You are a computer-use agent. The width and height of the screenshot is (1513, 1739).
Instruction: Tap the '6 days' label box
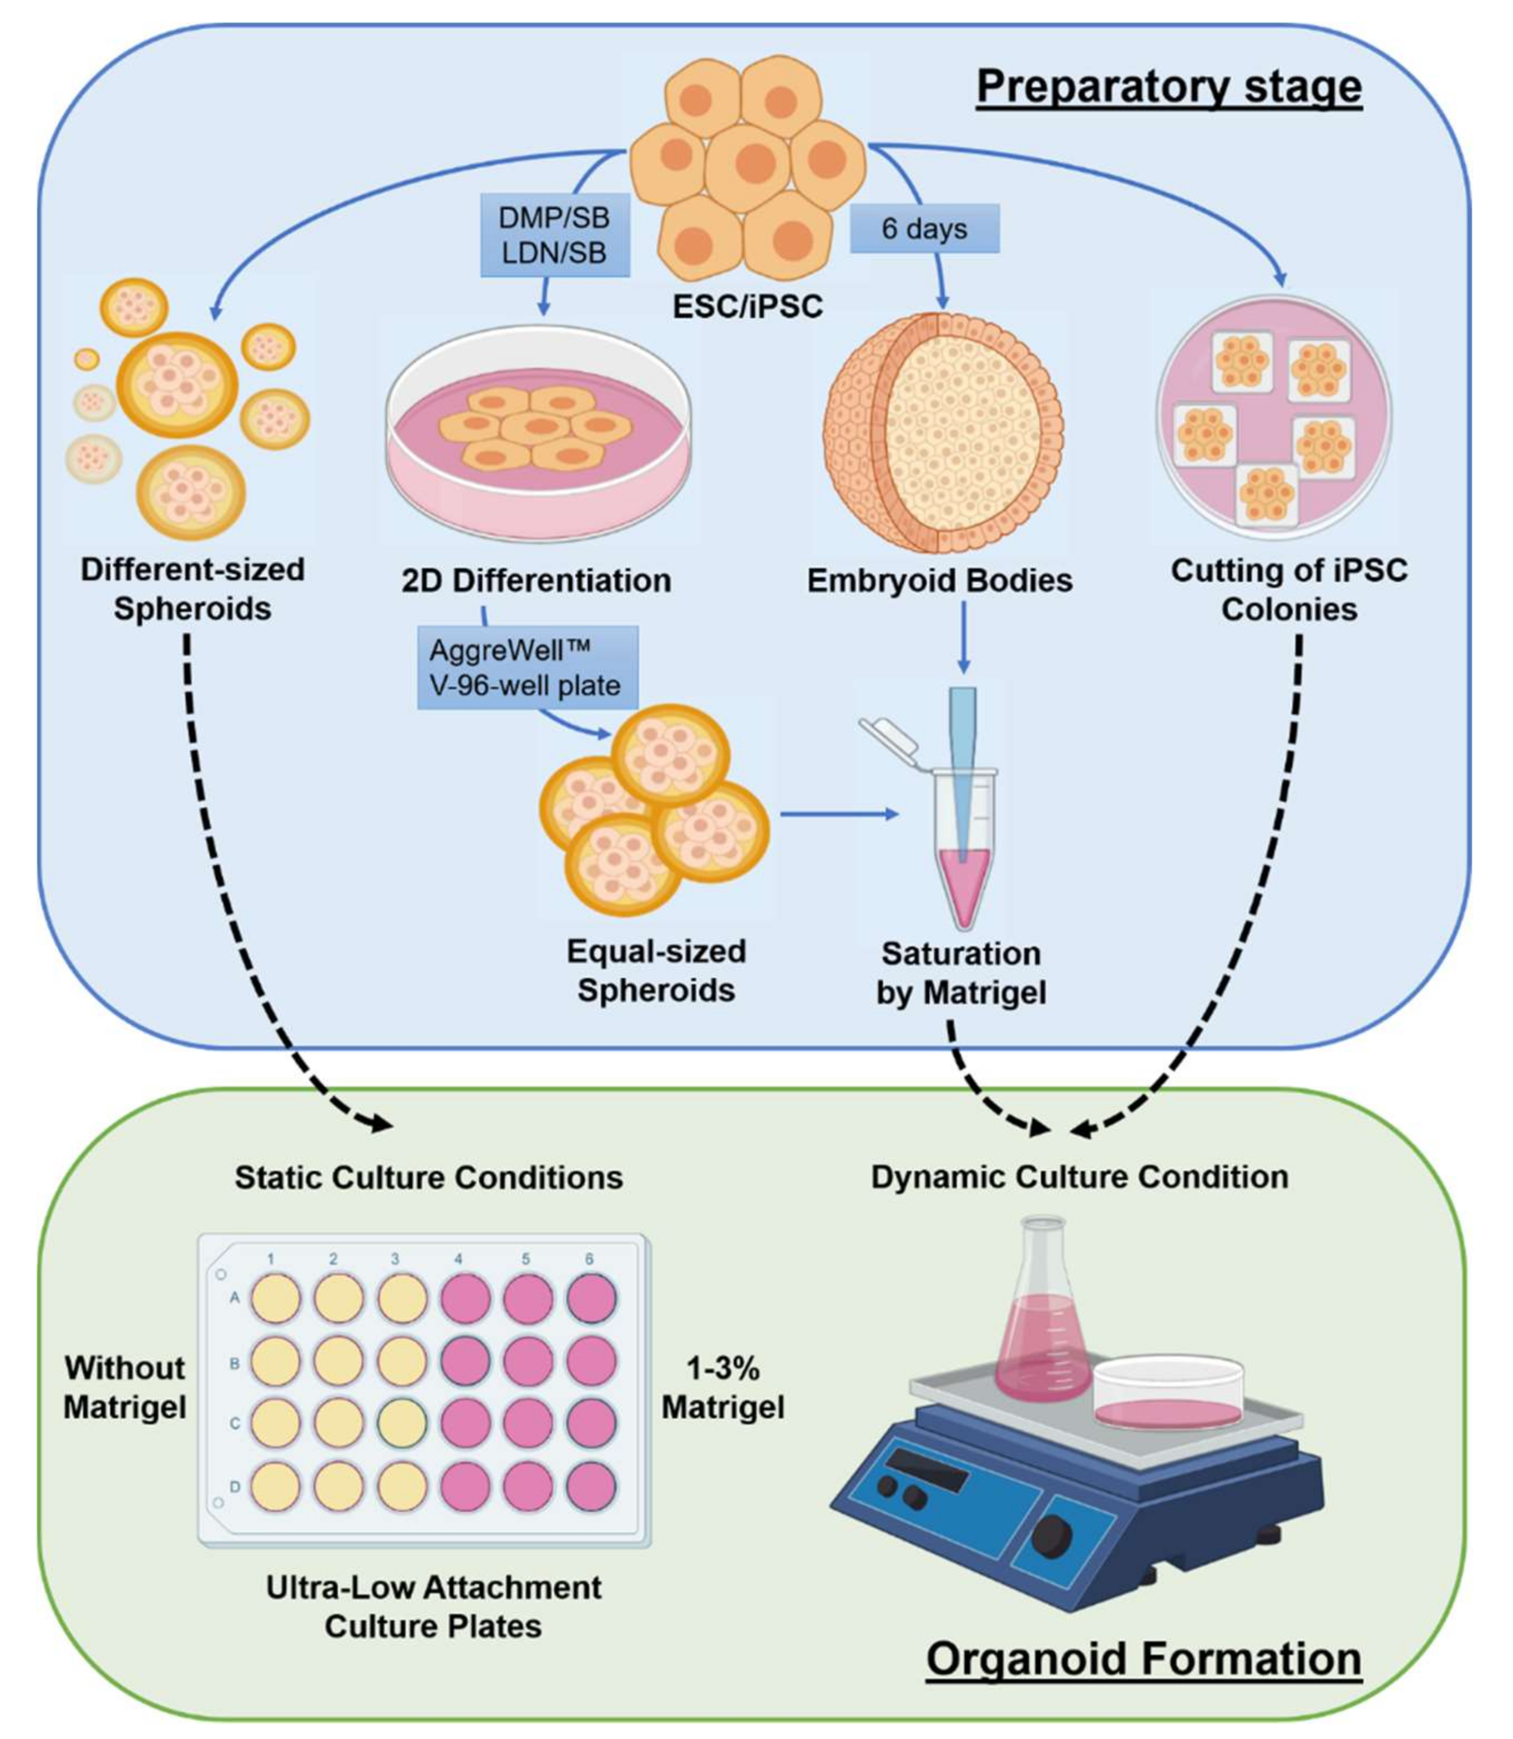[924, 228]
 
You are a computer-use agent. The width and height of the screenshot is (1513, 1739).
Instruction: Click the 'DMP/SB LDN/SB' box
[555, 235]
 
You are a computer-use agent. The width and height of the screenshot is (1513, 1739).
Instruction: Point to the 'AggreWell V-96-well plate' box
[527, 667]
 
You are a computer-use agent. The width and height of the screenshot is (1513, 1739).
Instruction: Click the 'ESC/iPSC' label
[747, 306]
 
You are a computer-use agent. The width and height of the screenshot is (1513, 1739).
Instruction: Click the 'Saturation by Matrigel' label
[961, 973]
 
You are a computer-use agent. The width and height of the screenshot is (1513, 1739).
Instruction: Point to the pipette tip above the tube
[963, 760]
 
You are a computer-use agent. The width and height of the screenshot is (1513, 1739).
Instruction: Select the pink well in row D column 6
[591, 1487]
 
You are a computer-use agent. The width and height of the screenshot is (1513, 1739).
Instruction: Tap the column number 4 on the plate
[458, 1258]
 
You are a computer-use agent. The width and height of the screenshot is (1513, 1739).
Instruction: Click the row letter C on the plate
[235, 1423]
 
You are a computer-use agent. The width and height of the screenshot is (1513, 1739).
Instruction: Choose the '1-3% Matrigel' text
[723, 1387]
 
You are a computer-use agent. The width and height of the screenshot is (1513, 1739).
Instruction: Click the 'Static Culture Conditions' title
[428, 1177]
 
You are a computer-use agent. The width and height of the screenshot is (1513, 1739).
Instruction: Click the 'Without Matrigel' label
[125, 1387]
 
